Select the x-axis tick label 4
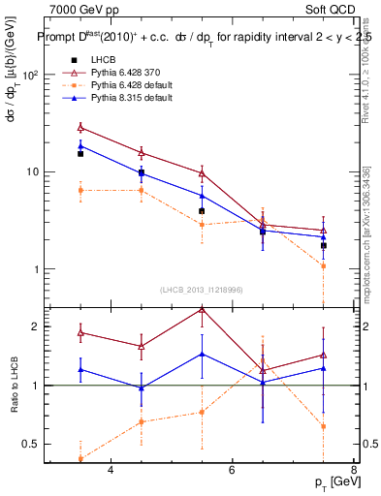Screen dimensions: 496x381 [111, 471]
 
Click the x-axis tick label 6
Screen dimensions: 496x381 [232, 471]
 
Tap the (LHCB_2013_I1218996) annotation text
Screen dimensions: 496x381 [202, 290]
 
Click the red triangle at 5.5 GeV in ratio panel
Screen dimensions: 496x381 [202, 309]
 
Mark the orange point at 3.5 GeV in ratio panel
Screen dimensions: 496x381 [80, 459]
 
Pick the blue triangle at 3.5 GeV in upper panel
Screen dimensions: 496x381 [80, 146]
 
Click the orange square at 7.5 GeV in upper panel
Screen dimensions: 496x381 [323, 265]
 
